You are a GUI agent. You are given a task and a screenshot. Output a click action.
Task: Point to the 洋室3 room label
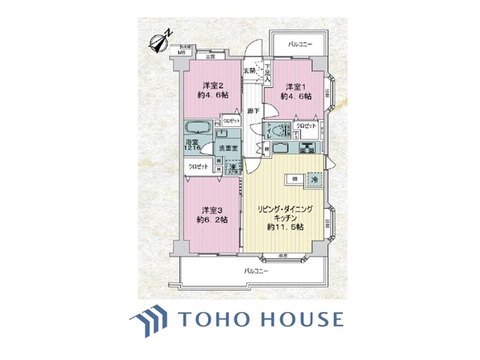point(212,210)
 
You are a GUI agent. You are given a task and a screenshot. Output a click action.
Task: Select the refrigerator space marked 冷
point(314,180)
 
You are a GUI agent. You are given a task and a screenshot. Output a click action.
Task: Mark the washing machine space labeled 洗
point(230,168)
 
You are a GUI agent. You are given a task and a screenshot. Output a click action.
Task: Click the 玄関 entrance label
point(249,71)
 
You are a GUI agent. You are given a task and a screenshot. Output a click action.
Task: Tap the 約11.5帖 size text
point(285,226)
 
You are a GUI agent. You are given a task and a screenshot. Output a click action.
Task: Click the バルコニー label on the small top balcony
point(300,44)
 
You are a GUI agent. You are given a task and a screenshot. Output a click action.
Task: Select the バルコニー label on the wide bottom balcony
point(257,271)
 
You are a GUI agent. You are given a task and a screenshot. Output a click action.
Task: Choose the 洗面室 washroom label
point(229,149)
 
